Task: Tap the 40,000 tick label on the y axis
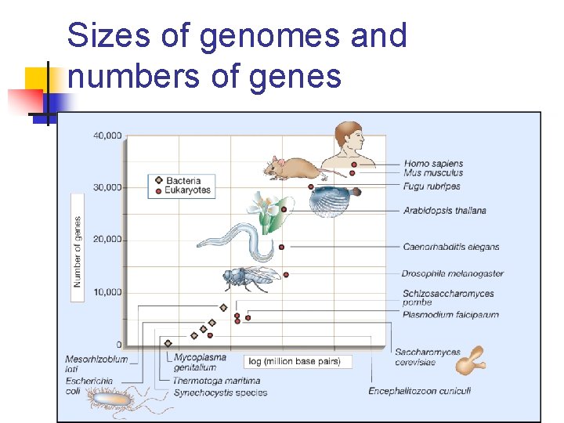[107, 136]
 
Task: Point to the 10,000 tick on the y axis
[107, 292]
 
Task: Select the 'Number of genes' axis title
[78, 251]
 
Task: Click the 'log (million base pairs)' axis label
[298, 361]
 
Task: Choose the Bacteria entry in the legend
[183, 180]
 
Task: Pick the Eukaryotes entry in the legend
[187, 190]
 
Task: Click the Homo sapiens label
[433, 164]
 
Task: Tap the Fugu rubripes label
[432, 186]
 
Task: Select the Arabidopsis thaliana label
[444, 210]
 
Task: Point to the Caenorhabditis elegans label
[450, 247]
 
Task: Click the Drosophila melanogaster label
[452, 273]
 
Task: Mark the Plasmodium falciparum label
[450, 315]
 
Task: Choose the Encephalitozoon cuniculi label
[419, 391]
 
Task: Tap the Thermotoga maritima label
[216, 381]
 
